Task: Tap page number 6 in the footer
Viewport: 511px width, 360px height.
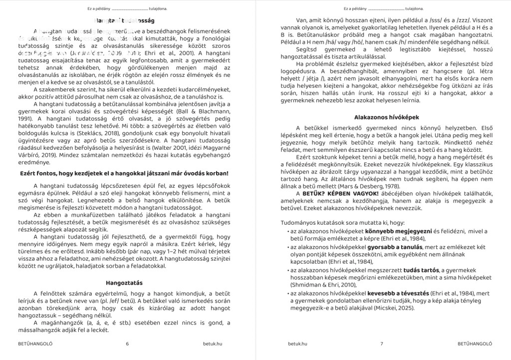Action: [128, 344]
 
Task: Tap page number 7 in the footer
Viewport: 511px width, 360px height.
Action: [381, 344]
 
